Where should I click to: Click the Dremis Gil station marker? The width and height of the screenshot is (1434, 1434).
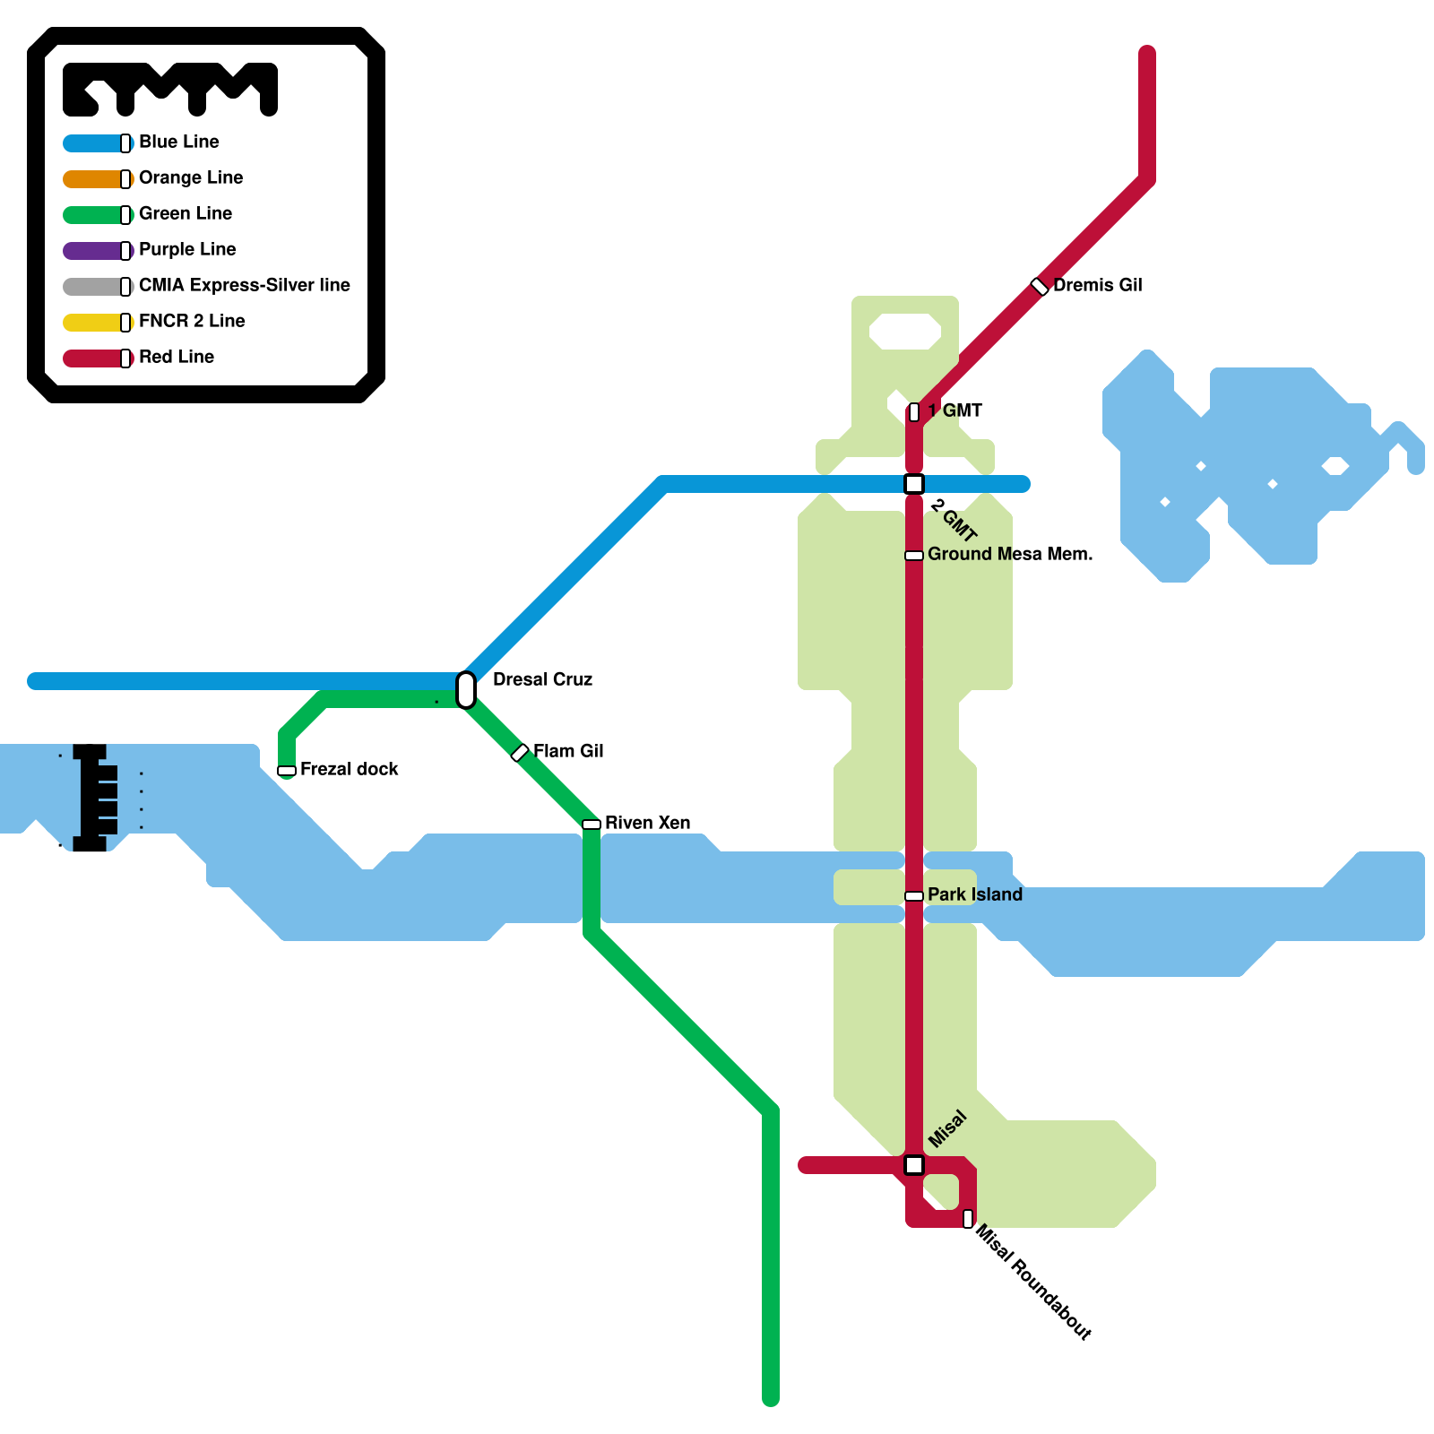[1040, 287]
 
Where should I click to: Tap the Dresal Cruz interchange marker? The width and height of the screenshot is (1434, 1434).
[466, 690]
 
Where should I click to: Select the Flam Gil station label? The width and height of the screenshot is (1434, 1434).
[568, 751]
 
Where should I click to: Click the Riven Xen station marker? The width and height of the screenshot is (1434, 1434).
[592, 825]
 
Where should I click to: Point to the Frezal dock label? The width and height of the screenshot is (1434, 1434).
[349, 769]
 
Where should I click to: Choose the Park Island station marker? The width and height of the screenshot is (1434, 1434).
[914, 896]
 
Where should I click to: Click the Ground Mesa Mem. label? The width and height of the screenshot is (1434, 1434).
[1010, 554]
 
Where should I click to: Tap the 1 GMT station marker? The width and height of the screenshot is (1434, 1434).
[914, 412]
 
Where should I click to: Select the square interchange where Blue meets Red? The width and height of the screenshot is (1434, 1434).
[914, 484]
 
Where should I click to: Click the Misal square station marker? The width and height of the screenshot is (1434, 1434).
[914, 1165]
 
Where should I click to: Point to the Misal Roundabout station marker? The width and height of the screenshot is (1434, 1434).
[968, 1219]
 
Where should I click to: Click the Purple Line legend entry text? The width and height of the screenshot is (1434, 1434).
[187, 249]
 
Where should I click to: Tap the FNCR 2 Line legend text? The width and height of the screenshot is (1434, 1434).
[192, 321]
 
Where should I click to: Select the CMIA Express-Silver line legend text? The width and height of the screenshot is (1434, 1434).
[244, 285]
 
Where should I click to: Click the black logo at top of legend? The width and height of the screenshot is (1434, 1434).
[170, 89]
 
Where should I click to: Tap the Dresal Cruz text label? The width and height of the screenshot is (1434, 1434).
[542, 679]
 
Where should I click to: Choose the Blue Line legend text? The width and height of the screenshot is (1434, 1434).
[179, 142]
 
